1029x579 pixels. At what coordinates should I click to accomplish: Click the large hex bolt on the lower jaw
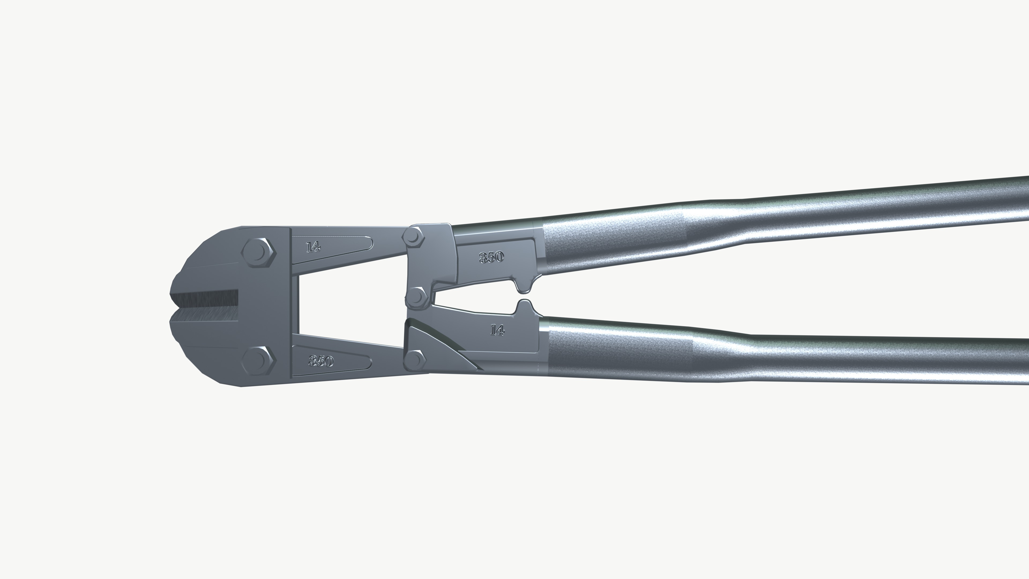[x=258, y=360]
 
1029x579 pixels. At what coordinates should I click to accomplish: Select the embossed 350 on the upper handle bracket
[x=491, y=257]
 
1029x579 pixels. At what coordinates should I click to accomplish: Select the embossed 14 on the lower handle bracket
[x=497, y=330]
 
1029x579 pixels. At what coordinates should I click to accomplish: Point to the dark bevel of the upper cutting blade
[x=206, y=299]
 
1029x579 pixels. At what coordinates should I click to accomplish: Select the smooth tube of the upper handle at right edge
[x=979, y=200]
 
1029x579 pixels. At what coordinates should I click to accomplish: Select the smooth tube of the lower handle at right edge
[x=979, y=360]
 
